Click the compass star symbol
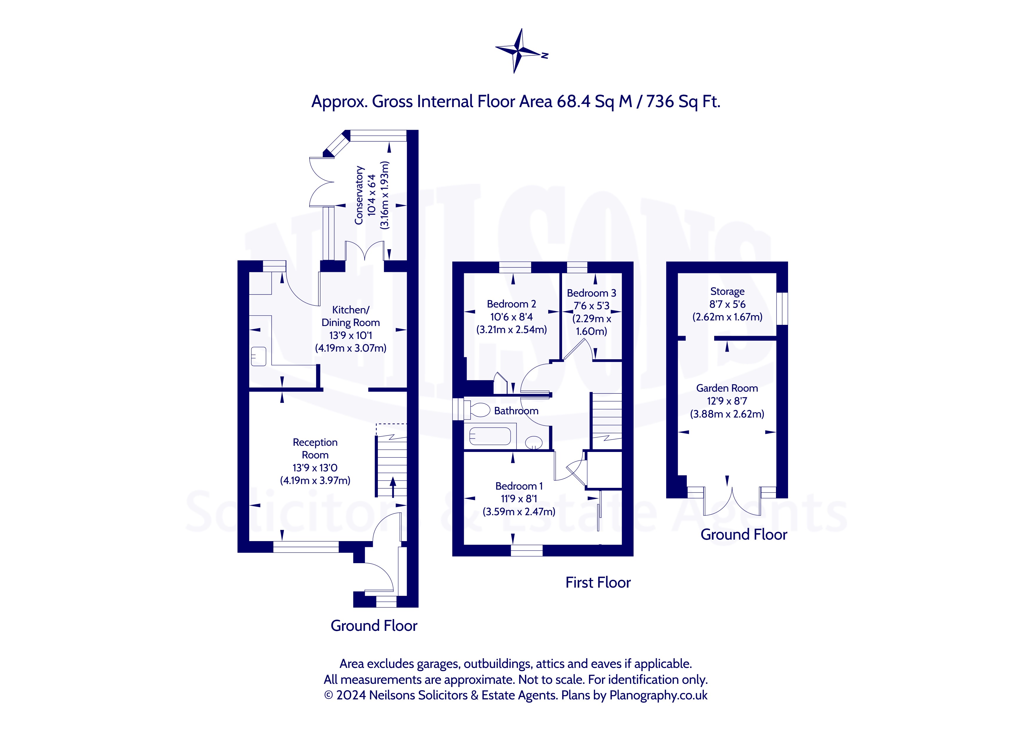click(x=518, y=51)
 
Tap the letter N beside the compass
click(x=545, y=56)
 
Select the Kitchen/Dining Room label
click(x=350, y=316)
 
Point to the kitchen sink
click(x=258, y=356)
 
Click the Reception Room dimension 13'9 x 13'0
click(x=315, y=468)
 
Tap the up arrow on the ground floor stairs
click(x=392, y=487)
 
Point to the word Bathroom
click(x=516, y=410)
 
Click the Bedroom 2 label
click(x=511, y=304)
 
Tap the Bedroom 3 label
click(x=591, y=293)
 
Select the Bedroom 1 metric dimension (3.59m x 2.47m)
click(x=519, y=512)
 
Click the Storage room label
click(x=727, y=292)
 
